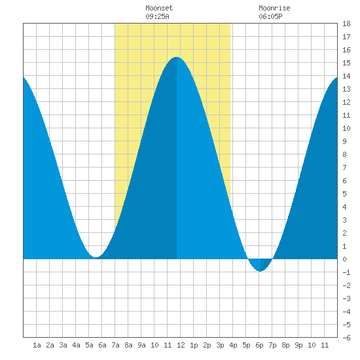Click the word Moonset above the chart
(159, 8)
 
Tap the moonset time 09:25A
(157, 16)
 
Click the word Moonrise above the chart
(274, 8)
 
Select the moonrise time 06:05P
(270, 16)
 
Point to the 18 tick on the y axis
(346, 24)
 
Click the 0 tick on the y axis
(344, 259)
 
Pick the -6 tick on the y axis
(346, 338)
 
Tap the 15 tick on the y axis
(346, 63)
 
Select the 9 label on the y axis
(344, 141)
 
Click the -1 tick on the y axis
(346, 272)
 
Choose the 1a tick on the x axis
(37, 345)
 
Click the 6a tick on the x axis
(102, 345)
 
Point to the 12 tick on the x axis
(181, 345)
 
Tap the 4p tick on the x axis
(233, 345)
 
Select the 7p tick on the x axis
(272, 345)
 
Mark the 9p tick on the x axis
(298, 345)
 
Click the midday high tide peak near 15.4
(176, 57)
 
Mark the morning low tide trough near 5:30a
(96, 257)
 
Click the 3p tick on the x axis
(220, 345)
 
